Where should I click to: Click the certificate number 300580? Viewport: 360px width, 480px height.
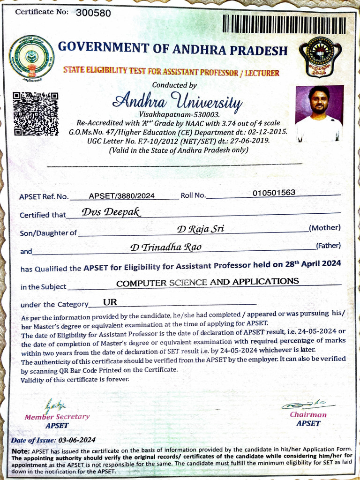click(93, 13)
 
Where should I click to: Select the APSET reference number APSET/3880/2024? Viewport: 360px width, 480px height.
click(121, 196)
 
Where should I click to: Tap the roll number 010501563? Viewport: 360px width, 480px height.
click(274, 193)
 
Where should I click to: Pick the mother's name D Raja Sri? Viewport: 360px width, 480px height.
click(201, 229)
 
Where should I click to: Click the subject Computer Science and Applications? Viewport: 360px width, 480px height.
click(207, 282)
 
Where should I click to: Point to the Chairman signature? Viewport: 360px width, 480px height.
click(305, 404)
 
